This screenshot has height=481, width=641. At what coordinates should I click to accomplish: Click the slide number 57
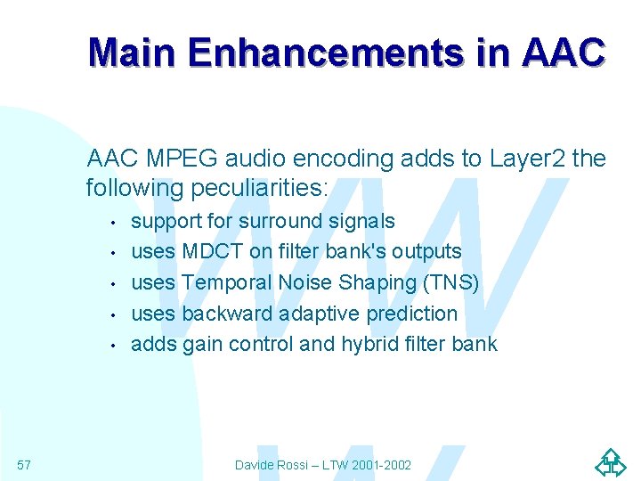coord(24,464)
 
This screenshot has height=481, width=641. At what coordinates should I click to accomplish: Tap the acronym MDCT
coord(213,252)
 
